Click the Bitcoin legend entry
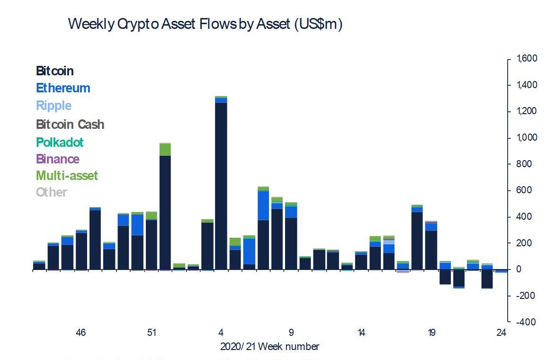click(55, 71)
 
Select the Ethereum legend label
click(63, 88)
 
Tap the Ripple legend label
click(54, 106)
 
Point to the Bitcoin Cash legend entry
click(70, 125)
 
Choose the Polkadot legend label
click(60, 142)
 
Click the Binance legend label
click(58, 159)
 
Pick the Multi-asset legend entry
click(67, 176)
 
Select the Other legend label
click(52, 192)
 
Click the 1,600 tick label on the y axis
click(527, 59)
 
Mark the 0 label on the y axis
click(519, 270)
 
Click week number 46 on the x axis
click(81, 333)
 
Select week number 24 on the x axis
click(501, 333)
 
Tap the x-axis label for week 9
click(291, 333)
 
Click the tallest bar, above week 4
click(221, 185)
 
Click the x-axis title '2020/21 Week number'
click(269, 347)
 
